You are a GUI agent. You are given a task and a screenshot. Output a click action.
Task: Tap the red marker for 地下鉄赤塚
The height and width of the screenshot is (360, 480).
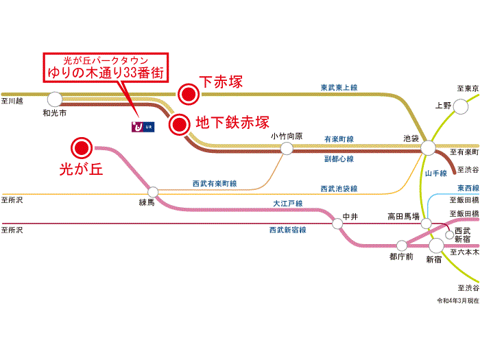[180, 124]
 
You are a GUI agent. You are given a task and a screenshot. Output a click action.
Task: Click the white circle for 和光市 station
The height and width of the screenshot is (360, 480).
[55, 99]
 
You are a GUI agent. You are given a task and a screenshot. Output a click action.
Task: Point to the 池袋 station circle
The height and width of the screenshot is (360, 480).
[428, 147]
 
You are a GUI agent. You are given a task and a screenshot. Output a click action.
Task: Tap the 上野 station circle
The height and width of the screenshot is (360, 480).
[461, 106]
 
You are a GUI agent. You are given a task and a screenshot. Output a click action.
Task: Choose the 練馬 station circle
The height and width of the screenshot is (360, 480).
[154, 192]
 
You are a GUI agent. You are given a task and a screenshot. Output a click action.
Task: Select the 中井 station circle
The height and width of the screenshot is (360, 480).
[337, 224]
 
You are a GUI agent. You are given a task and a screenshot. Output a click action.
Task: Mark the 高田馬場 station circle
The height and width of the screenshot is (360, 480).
[426, 224]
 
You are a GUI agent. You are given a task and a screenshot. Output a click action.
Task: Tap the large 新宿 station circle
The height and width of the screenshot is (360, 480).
[436, 245]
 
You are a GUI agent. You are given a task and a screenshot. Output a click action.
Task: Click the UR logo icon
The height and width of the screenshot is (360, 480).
[143, 126]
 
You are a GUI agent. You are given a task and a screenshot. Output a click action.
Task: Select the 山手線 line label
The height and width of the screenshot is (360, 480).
[436, 173]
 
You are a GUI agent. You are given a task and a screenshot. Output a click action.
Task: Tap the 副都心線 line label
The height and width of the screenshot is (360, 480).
[339, 159]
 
